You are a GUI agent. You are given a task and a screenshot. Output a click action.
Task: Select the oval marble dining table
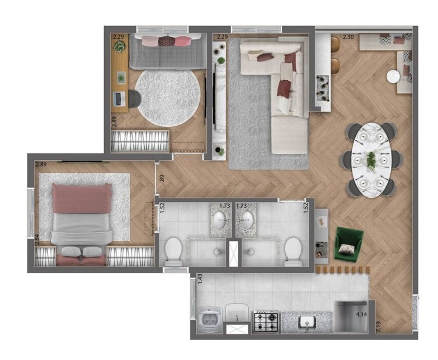tap(371, 160)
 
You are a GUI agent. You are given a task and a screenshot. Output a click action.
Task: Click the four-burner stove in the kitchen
tap(266, 321)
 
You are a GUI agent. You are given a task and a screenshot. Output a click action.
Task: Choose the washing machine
tap(210, 319)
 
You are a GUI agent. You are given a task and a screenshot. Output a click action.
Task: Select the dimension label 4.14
tap(362, 314)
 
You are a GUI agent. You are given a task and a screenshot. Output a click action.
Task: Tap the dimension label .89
tap(162, 178)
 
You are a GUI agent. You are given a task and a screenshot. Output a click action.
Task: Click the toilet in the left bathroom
tap(174, 251)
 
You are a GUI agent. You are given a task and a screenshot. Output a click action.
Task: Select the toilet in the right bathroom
tap(293, 251)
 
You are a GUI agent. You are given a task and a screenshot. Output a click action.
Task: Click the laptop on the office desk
tap(118, 98)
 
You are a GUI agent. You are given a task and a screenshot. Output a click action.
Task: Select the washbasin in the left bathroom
tap(220, 217)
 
